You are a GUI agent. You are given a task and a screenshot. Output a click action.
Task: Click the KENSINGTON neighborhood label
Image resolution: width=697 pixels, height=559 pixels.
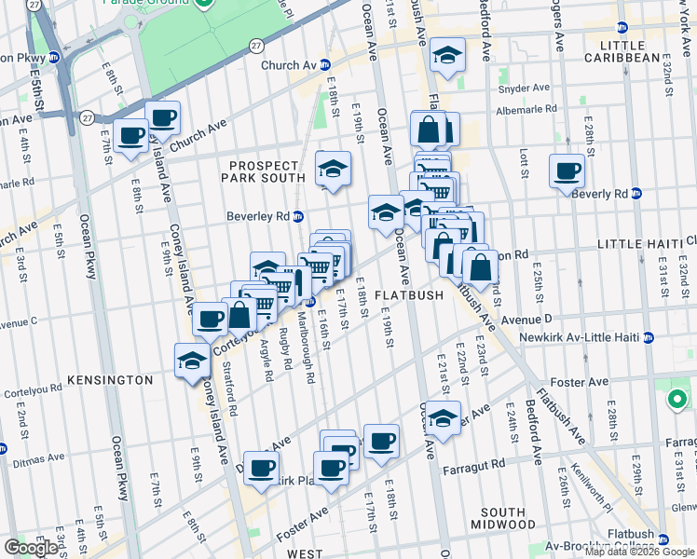point(109,380)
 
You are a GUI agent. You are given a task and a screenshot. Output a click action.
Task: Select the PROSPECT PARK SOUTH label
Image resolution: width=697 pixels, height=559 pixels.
point(266,177)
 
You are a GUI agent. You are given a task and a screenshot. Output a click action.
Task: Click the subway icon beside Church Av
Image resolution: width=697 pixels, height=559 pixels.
point(325,65)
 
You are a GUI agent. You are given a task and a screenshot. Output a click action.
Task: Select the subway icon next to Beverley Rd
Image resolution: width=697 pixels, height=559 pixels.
point(297,216)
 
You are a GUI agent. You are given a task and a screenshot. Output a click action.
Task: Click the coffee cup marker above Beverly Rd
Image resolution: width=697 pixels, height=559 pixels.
point(566,170)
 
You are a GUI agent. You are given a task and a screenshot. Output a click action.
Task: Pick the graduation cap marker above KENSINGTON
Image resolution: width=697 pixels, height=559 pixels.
point(192,360)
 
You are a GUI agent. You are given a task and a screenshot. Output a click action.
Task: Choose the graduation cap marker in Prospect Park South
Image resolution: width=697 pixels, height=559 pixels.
point(333,169)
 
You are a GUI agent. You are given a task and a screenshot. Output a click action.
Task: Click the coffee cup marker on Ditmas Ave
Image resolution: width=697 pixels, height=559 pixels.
point(261,468)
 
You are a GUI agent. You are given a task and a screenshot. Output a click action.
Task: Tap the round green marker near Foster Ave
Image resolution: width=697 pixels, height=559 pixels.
point(676,401)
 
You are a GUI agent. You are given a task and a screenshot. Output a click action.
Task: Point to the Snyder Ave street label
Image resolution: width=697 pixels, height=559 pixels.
point(523,89)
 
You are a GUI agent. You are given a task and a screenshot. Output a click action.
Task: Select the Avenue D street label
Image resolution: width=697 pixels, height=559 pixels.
point(530,319)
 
